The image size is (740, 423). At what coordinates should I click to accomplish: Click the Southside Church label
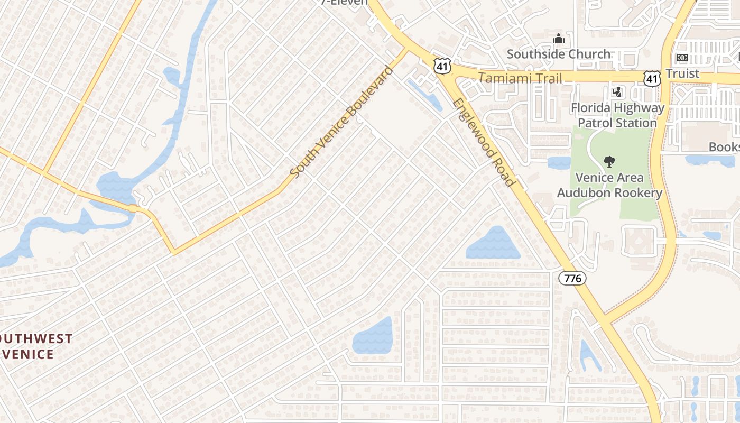pyautogui.click(x=559, y=54)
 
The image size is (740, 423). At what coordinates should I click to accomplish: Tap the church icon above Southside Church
pyautogui.click(x=559, y=39)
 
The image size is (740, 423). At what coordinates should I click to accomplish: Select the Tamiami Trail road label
pyautogui.click(x=520, y=78)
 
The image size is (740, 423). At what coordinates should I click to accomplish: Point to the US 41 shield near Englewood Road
pyautogui.click(x=440, y=65)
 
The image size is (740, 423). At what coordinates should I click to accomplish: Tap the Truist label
pyautogui.click(x=682, y=73)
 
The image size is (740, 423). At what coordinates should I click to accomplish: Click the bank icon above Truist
pyautogui.click(x=682, y=58)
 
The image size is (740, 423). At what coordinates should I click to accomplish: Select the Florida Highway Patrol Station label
pyautogui.click(x=617, y=115)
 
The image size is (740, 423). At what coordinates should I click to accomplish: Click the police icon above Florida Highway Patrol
pyautogui.click(x=616, y=93)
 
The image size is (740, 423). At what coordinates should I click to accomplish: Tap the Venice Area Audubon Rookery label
pyautogui.click(x=609, y=185)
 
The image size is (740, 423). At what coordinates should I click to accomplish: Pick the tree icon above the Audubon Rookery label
pyautogui.click(x=609, y=162)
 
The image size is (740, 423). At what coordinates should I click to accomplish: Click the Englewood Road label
pyautogui.click(x=484, y=142)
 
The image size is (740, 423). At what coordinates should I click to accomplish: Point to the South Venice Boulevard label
pyautogui.click(x=342, y=122)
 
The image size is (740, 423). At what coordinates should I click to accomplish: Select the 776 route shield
pyautogui.click(x=572, y=278)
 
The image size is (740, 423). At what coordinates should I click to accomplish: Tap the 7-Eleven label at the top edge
pyautogui.click(x=344, y=2)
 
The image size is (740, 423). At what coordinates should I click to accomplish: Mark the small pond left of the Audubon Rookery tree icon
pyautogui.click(x=559, y=162)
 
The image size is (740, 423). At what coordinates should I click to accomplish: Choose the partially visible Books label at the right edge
pyautogui.click(x=724, y=147)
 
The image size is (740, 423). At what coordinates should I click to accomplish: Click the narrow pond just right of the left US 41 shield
pyautogui.click(x=425, y=95)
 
